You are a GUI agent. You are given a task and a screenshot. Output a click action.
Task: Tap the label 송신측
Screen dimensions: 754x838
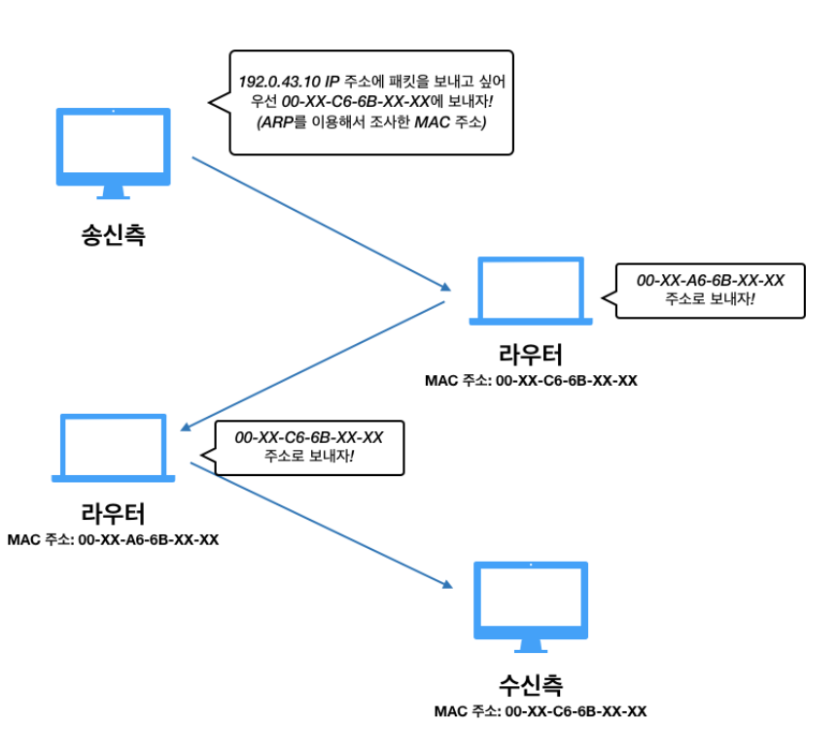pyautogui.click(x=113, y=235)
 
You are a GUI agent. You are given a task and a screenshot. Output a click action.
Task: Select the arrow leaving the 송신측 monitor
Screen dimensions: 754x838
pyautogui.click(x=321, y=223)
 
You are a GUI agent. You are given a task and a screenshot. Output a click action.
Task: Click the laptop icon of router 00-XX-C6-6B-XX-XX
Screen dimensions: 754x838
pyautogui.click(x=531, y=291)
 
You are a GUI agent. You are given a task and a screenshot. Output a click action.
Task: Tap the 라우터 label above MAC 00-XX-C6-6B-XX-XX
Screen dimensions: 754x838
pyautogui.click(x=530, y=354)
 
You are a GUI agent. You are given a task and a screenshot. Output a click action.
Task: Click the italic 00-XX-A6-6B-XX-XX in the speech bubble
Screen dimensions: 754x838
pyautogui.click(x=710, y=281)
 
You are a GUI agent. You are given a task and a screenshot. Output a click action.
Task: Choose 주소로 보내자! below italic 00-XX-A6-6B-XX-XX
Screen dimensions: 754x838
pyautogui.click(x=710, y=299)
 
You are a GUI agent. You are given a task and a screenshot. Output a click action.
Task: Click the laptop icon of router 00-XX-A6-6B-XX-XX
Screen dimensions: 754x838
pyautogui.click(x=113, y=448)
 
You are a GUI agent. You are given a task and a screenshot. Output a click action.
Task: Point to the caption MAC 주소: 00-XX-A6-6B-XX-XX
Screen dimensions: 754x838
pyautogui.click(x=113, y=539)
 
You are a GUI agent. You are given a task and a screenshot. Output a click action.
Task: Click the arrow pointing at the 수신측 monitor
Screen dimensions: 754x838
pyautogui.click(x=321, y=524)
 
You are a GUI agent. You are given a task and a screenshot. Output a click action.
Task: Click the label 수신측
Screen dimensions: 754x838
pyautogui.click(x=531, y=684)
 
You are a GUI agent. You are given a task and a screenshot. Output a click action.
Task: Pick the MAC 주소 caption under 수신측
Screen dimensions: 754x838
pyautogui.click(x=541, y=711)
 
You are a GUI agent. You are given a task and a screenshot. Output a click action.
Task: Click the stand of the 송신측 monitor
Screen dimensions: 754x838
pyautogui.click(x=113, y=192)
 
